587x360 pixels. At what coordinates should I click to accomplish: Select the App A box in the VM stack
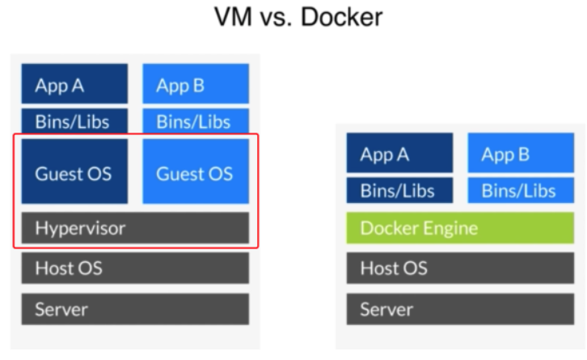[74, 84]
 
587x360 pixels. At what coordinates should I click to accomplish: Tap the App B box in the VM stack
[196, 84]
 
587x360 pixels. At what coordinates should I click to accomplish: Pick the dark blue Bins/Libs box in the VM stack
[74, 121]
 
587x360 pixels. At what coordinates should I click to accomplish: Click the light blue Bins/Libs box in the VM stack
[196, 121]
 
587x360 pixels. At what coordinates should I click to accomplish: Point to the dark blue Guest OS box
[74, 172]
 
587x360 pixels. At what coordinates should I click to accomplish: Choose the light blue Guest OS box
[196, 172]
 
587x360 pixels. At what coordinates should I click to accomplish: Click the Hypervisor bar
[135, 228]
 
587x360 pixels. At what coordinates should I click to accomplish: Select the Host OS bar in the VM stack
[135, 269]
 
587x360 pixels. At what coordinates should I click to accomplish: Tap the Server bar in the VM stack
[135, 308]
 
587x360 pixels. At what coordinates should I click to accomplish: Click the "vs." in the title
[277, 17]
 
